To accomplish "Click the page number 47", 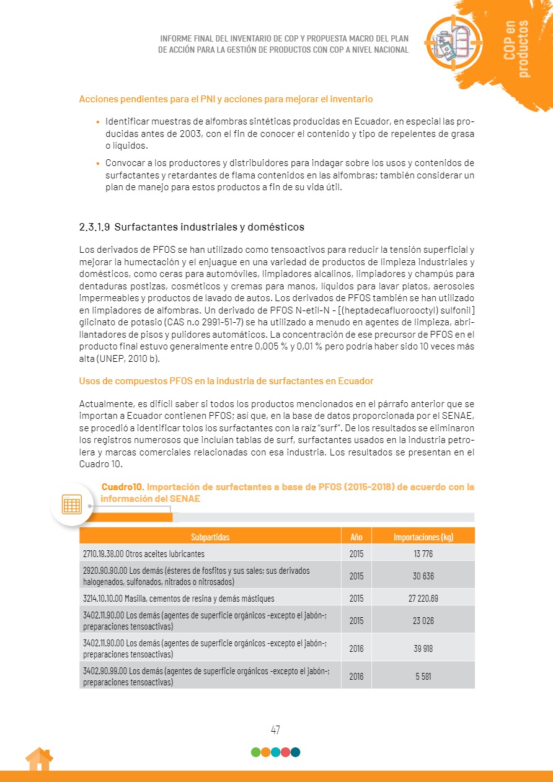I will pyautogui.click(x=275, y=730).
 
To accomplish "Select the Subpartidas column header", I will pyautogui.click(x=210, y=537).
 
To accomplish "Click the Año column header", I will pyautogui.click(x=356, y=537).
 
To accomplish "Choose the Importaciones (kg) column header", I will pyautogui.click(x=423, y=537).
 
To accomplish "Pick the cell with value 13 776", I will pyautogui.click(x=423, y=554).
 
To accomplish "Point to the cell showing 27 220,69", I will pyautogui.click(x=423, y=599).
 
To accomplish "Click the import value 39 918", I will pyautogui.click(x=423, y=648).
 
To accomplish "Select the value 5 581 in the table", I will pyautogui.click(x=423, y=676).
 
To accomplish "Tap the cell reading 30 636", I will pyautogui.click(x=423, y=576).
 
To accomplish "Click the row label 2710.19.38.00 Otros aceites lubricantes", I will pyautogui.click(x=144, y=554).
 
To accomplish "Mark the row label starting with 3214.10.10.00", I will pyautogui.click(x=179, y=599).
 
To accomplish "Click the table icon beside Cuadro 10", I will pyautogui.click(x=72, y=504).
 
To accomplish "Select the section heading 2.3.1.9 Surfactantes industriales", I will pyautogui.click(x=192, y=227).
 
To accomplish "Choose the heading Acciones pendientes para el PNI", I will pyautogui.click(x=226, y=99).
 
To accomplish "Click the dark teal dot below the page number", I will pyautogui.click(x=296, y=752).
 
